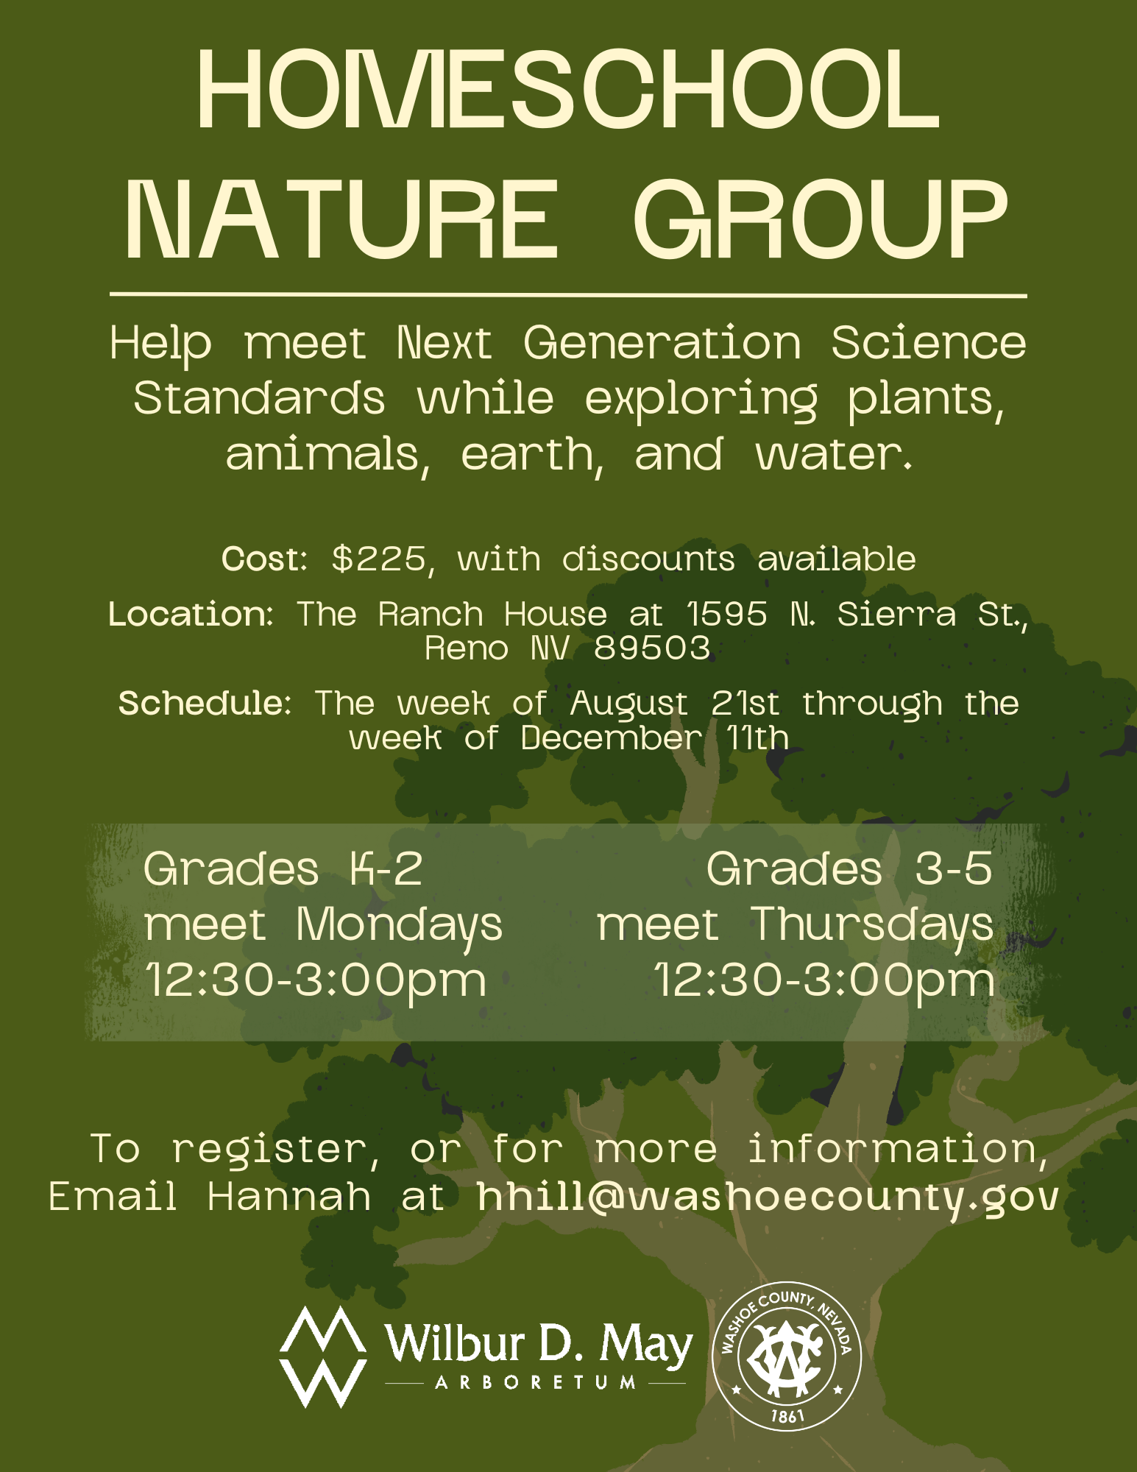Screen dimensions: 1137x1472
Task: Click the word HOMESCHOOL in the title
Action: (568, 90)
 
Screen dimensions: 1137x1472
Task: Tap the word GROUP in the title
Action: (820, 221)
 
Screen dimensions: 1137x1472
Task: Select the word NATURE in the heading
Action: (342, 221)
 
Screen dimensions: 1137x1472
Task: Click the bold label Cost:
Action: (264, 559)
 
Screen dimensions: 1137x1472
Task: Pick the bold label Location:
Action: (191, 614)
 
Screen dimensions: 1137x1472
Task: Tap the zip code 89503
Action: (652, 648)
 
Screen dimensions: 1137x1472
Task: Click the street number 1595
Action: (727, 614)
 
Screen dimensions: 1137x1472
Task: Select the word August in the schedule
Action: (629, 704)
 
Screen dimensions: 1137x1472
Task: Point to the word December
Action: (612, 737)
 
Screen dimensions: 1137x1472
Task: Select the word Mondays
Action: (400, 926)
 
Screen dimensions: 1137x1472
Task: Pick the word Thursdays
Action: (872, 926)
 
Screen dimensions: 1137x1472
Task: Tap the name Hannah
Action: (289, 1197)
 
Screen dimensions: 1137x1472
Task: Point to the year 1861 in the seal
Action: (787, 1415)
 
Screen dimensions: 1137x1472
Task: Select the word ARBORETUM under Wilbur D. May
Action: (536, 1383)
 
